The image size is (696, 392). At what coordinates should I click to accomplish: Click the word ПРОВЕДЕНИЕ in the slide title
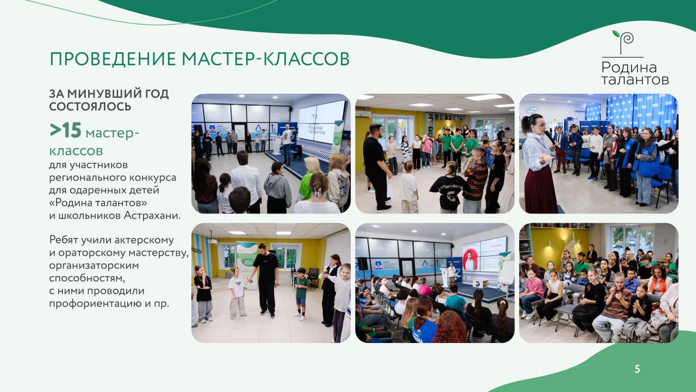pyautogui.click(x=113, y=59)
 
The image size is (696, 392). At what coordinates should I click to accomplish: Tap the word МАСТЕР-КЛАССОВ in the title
pyautogui.click(x=266, y=59)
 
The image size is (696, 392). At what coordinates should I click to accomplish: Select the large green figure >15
pyautogui.click(x=66, y=130)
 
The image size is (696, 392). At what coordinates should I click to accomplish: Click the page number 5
pyautogui.click(x=637, y=369)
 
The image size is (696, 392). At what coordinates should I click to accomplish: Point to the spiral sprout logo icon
pyautogui.click(x=624, y=42)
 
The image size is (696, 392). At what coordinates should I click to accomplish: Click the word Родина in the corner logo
pyautogui.click(x=629, y=67)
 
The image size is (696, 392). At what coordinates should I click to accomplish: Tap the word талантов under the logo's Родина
pyautogui.click(x=635, y=79)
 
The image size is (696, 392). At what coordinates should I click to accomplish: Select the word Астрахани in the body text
pyautogui.click(x=152, y=215)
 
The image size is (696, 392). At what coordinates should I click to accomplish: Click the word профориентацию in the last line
pyautogui.click(x=95, y=304)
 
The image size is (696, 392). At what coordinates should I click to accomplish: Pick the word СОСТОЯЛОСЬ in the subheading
pyautogui.click(x=90, y=107)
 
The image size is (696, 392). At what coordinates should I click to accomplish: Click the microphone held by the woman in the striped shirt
pyautogui.click(x=549, y=137)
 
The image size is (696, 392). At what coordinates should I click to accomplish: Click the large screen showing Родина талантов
pyautogui.click(x=321, y=122)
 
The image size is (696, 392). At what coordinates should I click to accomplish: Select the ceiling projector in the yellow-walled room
pyautogui.click(x=212, y=241)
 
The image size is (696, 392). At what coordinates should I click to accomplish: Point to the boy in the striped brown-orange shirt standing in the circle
pyautogui.click(x=475, y=180)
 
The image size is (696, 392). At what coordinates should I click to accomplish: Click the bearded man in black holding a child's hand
pyautogui.click(x=266, y=279)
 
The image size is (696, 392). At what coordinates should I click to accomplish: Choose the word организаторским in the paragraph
pyautogui.click(x=94, y=266)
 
